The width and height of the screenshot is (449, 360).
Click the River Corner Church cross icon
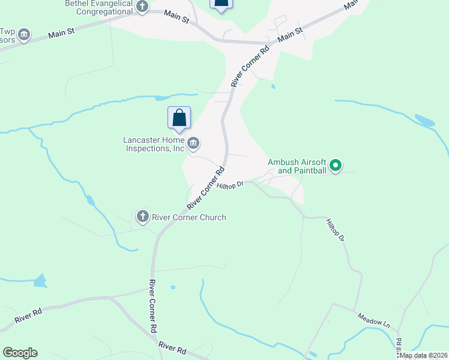143,217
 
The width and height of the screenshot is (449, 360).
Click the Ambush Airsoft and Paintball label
297,166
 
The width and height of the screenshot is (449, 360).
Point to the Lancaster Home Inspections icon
194,143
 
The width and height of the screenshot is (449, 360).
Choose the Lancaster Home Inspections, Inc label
153,144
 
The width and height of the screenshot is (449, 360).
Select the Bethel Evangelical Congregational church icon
142,7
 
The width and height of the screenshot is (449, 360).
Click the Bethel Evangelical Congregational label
98,7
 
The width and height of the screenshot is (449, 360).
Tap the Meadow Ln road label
373,320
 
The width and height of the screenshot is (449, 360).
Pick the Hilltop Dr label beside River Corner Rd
230,186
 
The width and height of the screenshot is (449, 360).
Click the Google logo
20,353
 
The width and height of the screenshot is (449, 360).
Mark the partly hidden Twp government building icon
24,35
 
